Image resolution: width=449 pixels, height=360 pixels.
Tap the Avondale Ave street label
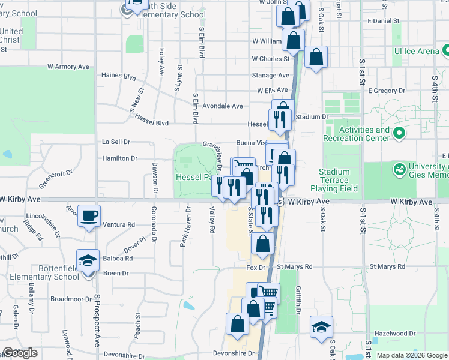(222, 106)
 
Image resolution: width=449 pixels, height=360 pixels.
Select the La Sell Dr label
(116, 142)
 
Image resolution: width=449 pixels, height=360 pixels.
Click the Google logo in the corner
(20, 353)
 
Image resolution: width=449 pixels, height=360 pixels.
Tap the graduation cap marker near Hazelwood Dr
(322, 326)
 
